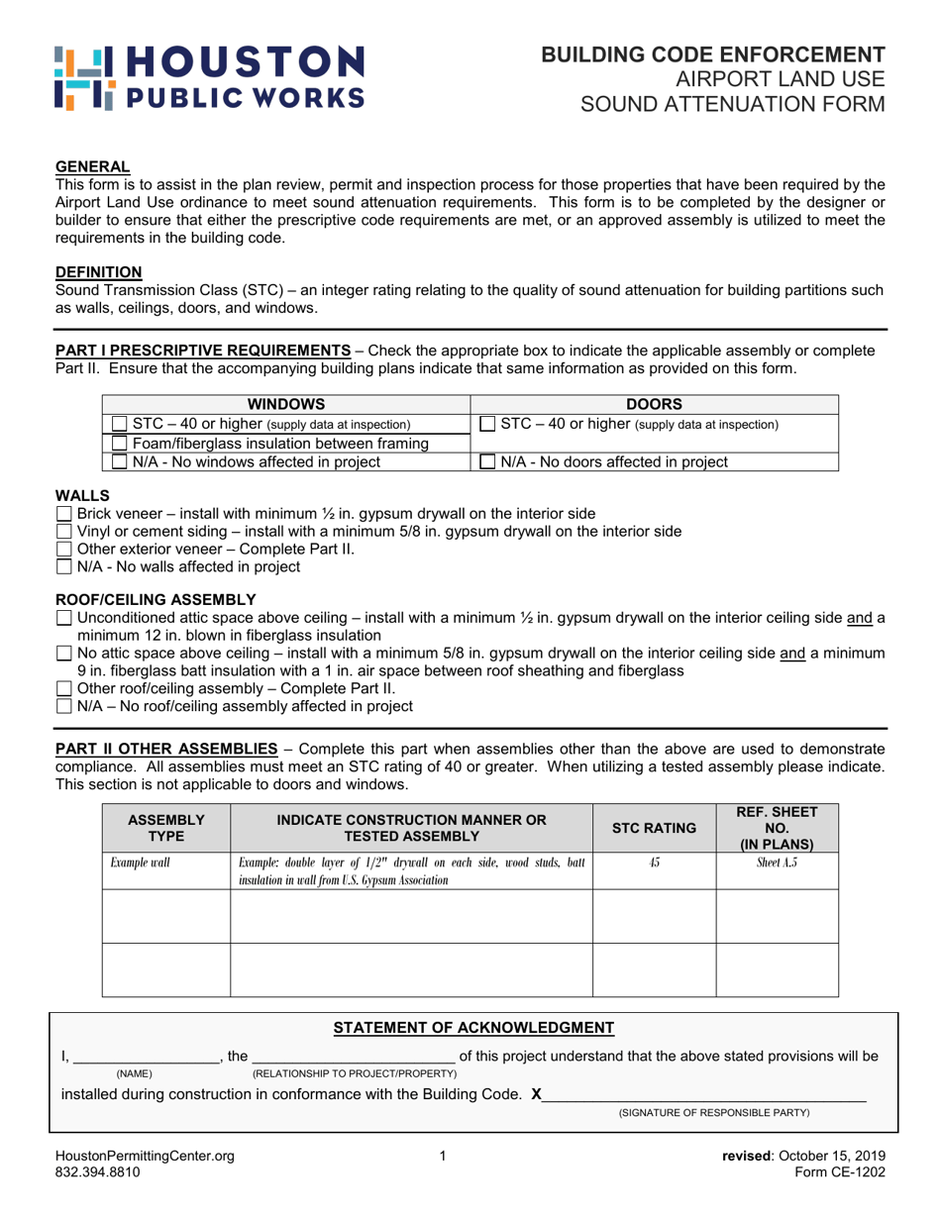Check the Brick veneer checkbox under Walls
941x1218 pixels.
pyautogui.click(x=64, y=513)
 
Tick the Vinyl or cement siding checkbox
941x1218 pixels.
pyautogui.click(x=64, y=531)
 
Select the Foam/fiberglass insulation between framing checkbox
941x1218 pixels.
pyautogui.click(x=119, y=444)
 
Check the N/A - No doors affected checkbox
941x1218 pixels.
pyautogui.click(x=486, y=461)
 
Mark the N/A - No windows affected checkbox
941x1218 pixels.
pyautogui.click(x=119, y=461)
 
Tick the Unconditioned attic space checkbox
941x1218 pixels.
pyautogui.click(x=64, y=618)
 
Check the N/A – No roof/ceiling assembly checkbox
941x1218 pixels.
pyautogui.click(x=64, y=706)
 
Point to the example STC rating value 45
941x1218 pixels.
pyautogui.click(x=654, y=863)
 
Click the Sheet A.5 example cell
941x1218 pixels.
pyautogui.click(x=777, y=863)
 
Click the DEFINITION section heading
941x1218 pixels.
pyautogui.click(x=98, y=271)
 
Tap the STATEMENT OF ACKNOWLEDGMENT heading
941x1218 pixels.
pyautogui.click(x=473, y=1027)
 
